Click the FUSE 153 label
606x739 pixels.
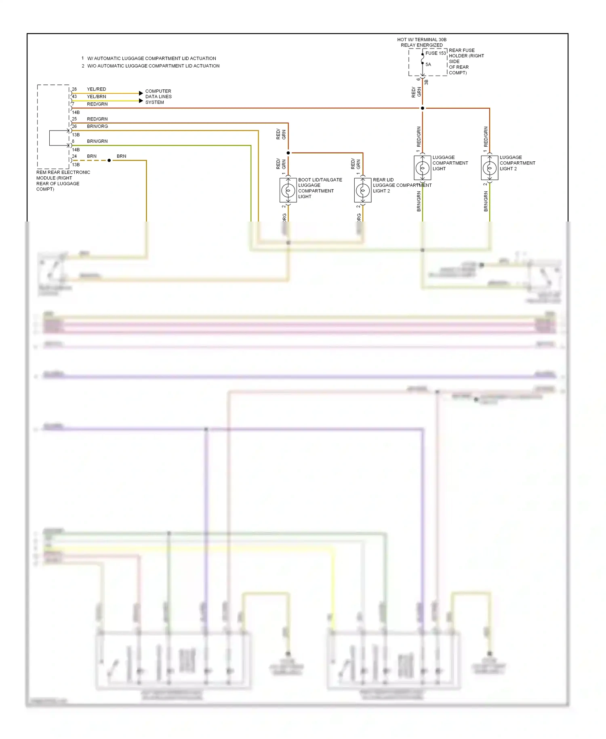click(x=435, y=53)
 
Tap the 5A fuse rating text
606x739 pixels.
click(x=428, y=65)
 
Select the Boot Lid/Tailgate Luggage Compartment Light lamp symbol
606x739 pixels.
click(x=288, y=190)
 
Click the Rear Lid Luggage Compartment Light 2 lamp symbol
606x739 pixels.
click(x=363, y=190)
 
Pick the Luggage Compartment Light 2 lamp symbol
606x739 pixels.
click(x=490, y=168)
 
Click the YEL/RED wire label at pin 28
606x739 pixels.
click(x=97, y=89)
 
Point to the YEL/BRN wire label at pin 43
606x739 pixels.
click(x=97, y=97)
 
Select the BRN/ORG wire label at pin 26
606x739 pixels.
click(x=97, y=127)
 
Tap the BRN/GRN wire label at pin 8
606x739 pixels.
click(x=97, y=141)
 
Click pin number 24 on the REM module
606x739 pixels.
click(x=74, y=156)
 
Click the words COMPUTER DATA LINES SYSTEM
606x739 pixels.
click(x=158, y=97)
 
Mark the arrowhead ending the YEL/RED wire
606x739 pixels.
click(x=141, y=93)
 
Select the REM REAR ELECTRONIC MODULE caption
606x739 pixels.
click(x=63, y=181)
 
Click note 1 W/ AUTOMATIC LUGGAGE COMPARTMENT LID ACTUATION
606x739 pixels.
click(x=149, y=59)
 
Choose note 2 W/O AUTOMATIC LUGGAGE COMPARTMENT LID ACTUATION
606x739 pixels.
click(x=151, y=66)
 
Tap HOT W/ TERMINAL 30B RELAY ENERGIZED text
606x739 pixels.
click(x=422, y=42)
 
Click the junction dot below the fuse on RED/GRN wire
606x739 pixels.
click(x=423, y=108)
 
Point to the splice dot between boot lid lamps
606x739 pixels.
click(x=288, y=153)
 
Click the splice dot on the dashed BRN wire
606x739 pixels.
click(x=109, y=160)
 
